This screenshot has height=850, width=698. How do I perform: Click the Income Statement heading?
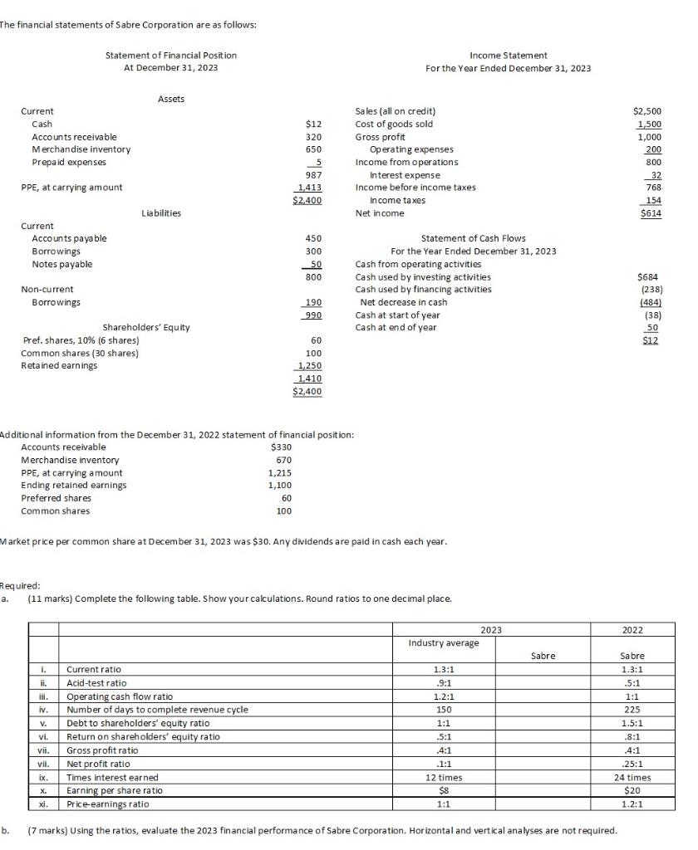508,55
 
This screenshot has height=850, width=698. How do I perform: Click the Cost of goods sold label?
394,124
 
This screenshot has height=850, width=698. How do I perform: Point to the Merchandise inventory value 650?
313,149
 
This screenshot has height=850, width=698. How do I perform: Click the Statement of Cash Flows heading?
474,238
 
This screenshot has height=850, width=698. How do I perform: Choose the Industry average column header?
443,643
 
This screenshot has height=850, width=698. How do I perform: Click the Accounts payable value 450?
313,238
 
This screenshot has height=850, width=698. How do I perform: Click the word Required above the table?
19,584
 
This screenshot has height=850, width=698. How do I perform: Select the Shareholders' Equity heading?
145,327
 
